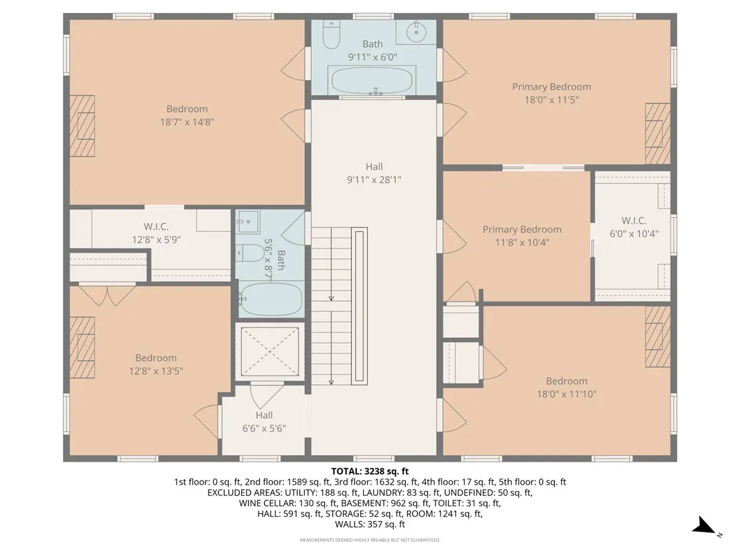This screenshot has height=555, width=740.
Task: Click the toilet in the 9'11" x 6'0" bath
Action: tap(331, 36)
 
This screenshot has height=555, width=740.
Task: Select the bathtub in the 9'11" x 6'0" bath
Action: tap(373, 80)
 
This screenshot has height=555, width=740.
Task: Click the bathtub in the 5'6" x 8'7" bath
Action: tap(271, 299)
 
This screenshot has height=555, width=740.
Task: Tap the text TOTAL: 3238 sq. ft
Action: tap(369, 472)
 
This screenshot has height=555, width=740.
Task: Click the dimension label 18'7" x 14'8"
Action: tap(187, 122)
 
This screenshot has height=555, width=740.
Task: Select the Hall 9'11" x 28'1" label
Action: tap(374, 173)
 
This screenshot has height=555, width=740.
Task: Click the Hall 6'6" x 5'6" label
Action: tap(264, 422)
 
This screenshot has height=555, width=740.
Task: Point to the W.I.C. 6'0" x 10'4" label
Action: tap(633, 227)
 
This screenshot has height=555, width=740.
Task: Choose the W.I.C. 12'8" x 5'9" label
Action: tap(155, 233)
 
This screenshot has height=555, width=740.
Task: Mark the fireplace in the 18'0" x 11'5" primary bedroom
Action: tap(657, 133)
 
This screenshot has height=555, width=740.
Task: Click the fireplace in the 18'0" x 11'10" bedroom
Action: tap(657, 336)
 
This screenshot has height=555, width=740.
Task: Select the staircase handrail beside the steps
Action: tap(359, 306)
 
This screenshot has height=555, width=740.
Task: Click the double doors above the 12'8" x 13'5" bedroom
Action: tap(108, 295)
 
